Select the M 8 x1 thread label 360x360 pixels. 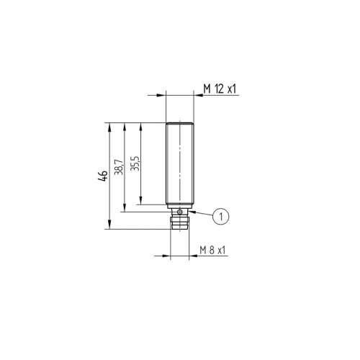(212, 250)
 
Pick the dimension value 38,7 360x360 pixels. (119, 167)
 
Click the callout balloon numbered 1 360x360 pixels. (222, 215)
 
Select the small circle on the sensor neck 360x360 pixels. (179, 210)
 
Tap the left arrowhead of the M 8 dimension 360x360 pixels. (167, 256)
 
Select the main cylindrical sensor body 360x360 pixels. (179, 162)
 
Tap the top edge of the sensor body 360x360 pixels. (179, 122)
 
